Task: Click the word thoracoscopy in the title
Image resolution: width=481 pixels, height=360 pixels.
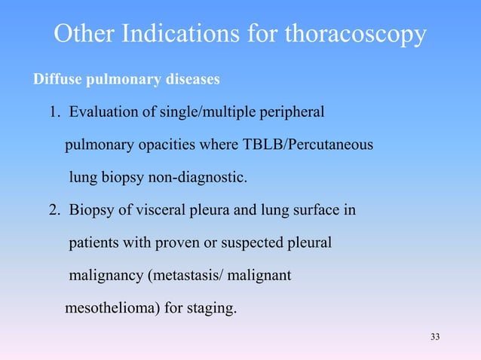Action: pos(351,35)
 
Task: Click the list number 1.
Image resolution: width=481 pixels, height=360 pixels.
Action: pos(54,113)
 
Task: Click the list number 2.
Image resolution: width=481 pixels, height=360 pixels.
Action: pos(54,211)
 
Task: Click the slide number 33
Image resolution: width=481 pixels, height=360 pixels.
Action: pos(434,336)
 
